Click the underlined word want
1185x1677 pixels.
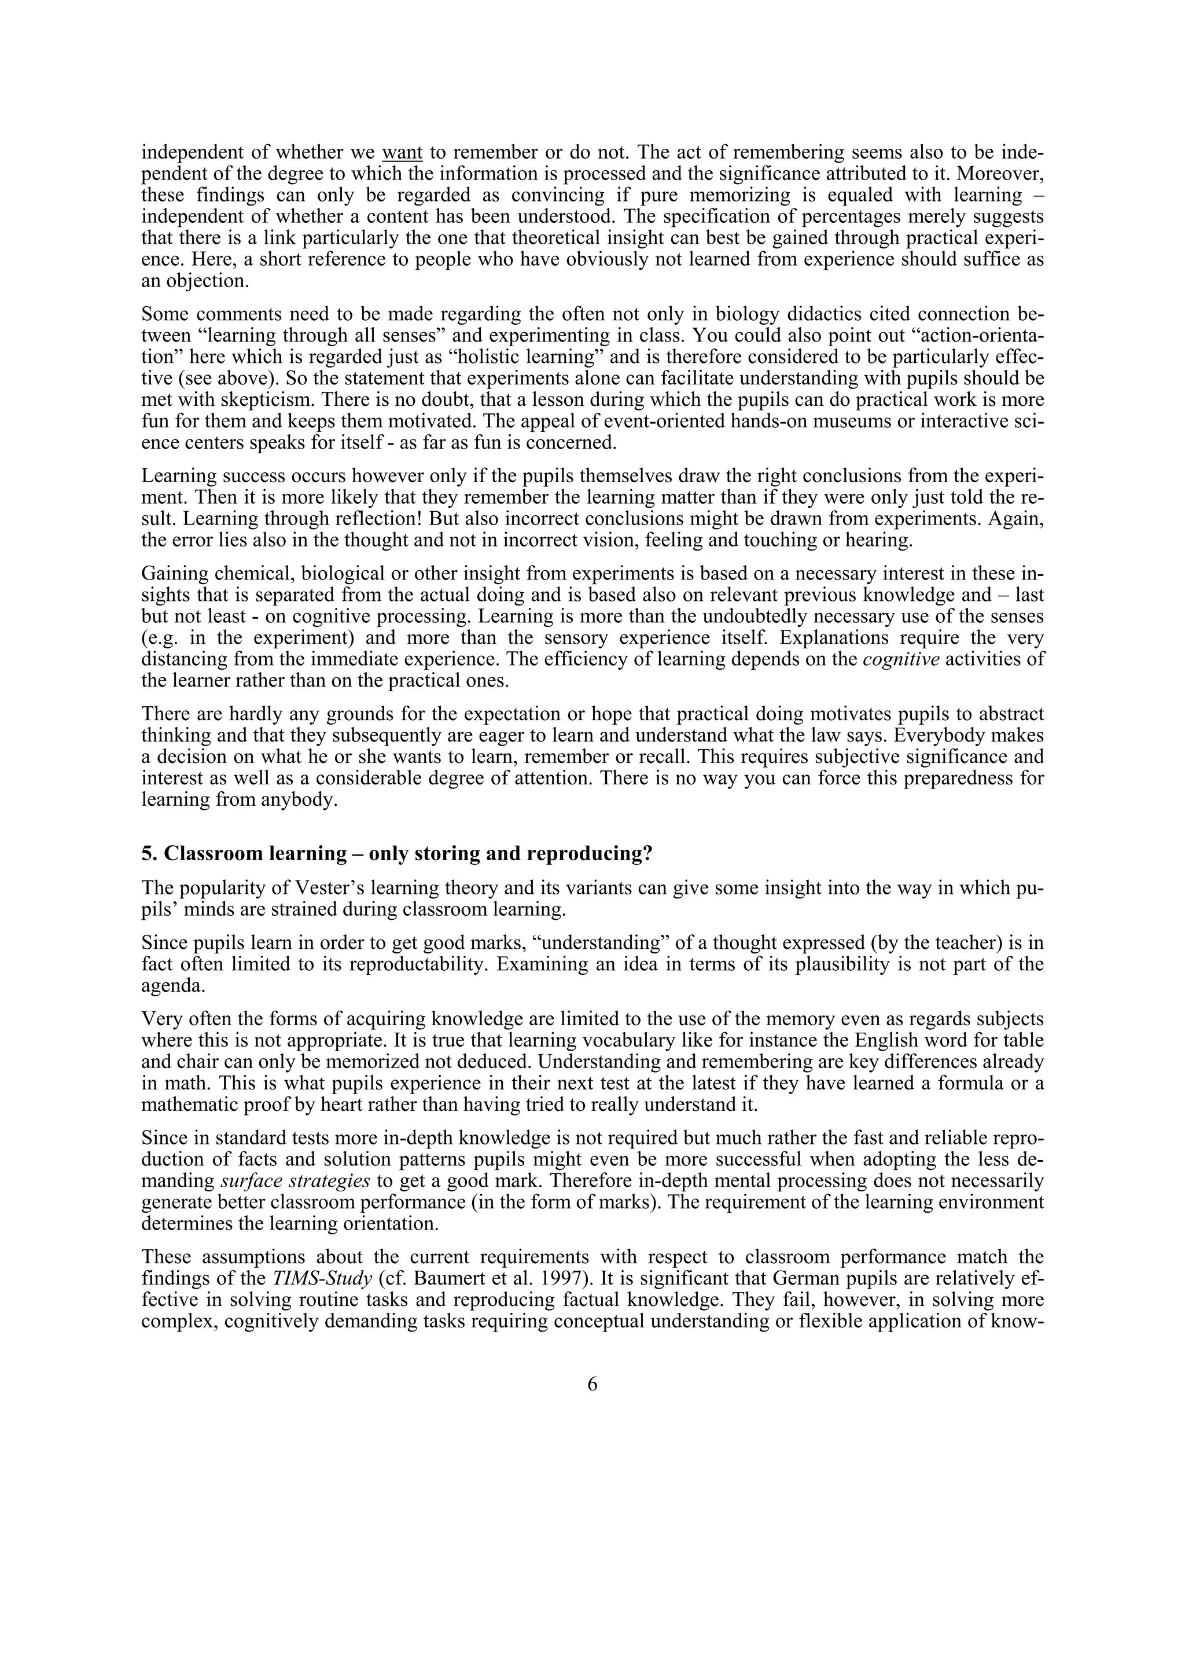[402, 153]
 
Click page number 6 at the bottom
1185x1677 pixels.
[592, 1384]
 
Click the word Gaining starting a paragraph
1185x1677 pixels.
[174, 573]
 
